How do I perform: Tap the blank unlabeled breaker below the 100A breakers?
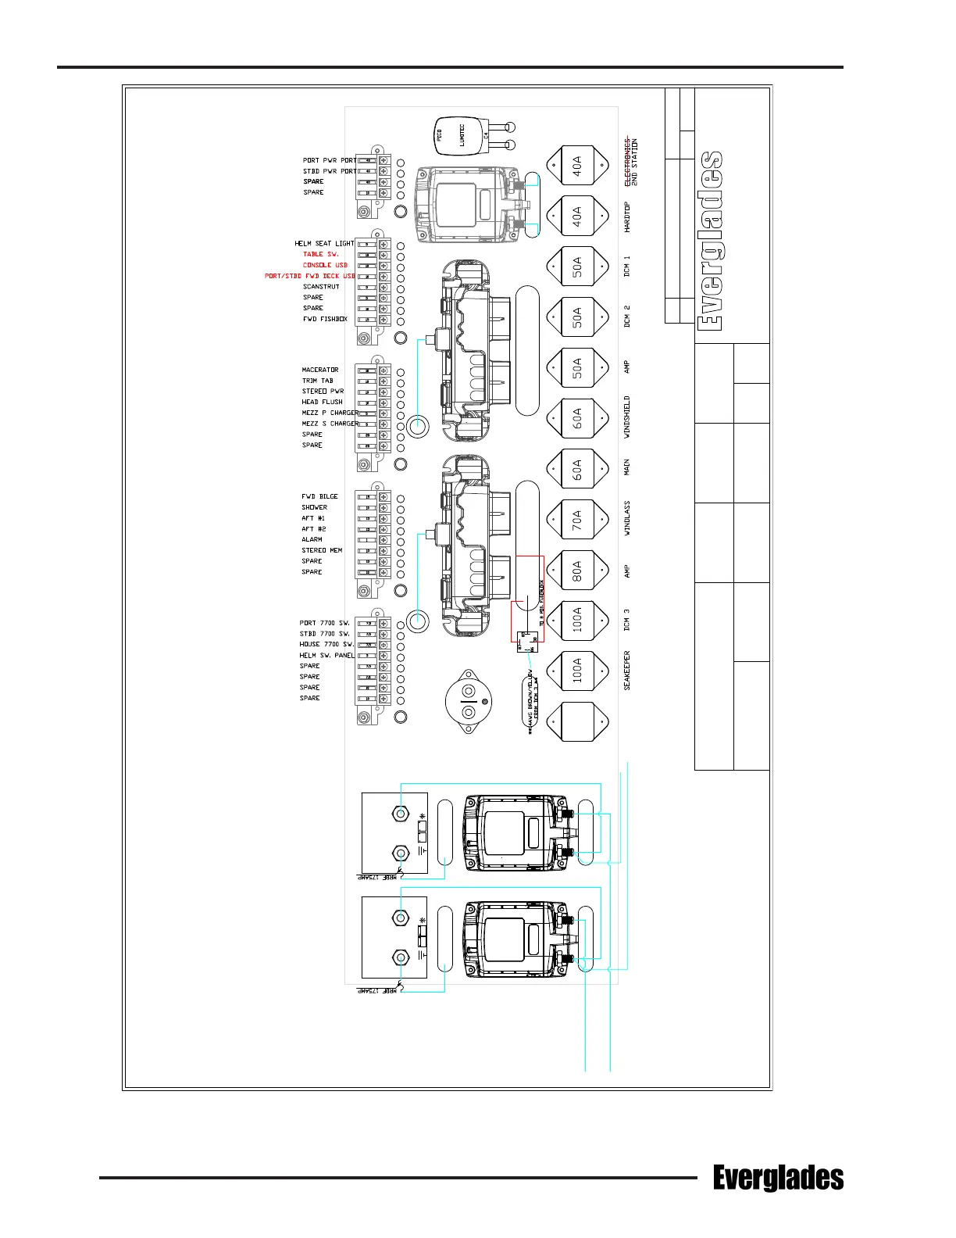[577, 721]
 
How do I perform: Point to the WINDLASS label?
[627, 518]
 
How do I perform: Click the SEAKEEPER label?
[627, 671]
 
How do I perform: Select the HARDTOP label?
[627, 216]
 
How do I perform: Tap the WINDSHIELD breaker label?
[627, 417]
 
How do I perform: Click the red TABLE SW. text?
[320, 254]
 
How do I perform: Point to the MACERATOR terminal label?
[320, 370]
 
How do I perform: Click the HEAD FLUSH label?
[322, 402]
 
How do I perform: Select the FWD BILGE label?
[319, 496]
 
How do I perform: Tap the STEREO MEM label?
[322, 550]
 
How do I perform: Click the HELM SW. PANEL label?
[326, 655]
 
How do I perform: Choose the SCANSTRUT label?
[321, 287]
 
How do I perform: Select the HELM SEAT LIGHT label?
[324, 243]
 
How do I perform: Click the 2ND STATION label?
[635, 162]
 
